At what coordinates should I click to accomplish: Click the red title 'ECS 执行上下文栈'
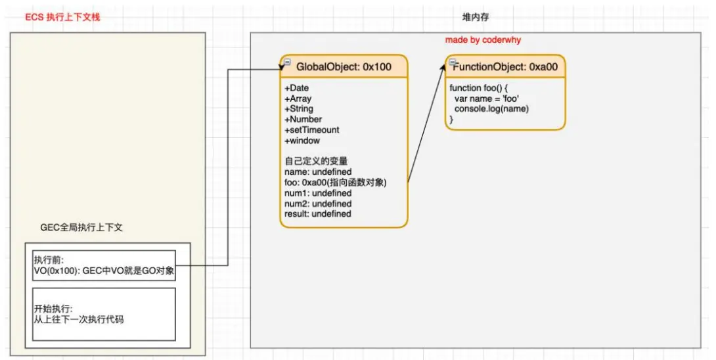(62, 17)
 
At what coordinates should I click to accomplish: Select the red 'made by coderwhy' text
(483, 40)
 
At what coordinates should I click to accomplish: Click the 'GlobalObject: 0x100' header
(344, 67)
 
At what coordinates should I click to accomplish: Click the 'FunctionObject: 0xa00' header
(506, 67)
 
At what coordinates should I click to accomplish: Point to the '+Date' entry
(296, 88)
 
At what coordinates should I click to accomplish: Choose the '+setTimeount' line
(311, 130)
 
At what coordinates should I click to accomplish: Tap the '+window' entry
(302, 141)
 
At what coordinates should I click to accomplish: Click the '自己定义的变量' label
(315, 162)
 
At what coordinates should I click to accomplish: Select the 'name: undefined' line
(318, 172)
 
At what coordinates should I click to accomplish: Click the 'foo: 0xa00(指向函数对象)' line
(336, 183)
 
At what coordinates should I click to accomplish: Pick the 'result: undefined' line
(318, 214)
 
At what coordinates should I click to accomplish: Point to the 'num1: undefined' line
(318, 193)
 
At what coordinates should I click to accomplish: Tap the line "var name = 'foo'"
(487, 99)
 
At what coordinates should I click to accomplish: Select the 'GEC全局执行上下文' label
(81, 227)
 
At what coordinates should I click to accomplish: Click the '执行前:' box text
(47, 260)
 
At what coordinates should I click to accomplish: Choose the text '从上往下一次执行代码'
(79, 320)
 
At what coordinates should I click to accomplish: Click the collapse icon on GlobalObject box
(287, 62)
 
